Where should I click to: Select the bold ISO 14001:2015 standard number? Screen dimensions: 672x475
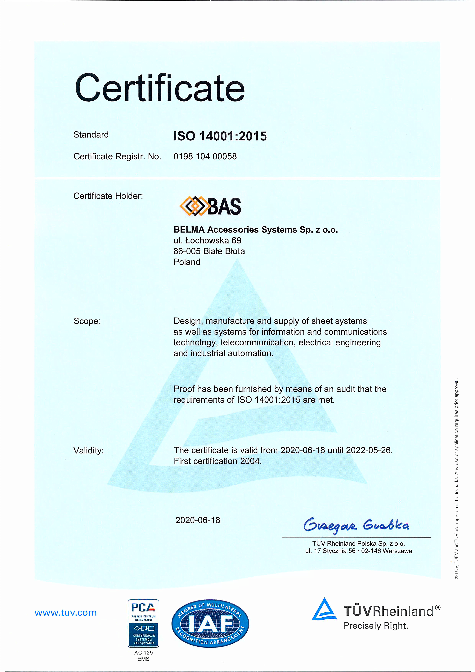pos(220,136)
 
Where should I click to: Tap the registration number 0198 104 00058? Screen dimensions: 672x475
pos(205,156)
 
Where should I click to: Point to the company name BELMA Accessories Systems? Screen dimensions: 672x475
pos(255,230)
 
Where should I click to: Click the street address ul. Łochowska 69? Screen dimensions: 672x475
pos(207,241)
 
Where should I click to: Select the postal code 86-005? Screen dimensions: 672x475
pos(187,251)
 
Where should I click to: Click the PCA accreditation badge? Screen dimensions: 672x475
pos(143,623)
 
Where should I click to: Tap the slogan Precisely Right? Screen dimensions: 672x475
pos(376,626)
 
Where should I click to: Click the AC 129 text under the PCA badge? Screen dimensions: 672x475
pos(143,653)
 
